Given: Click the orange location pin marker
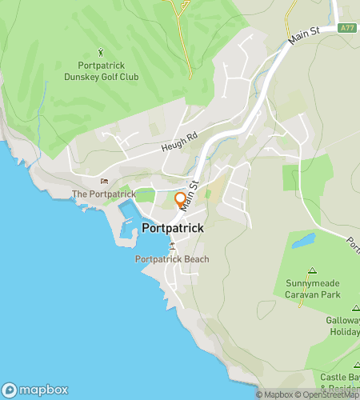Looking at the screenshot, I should pyautogui.click(x=181, y=200).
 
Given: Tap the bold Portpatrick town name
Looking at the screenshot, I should pyautogui.click(x=172, y=229).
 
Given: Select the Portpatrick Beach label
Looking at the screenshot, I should pyautogui.click(x=172, y=259).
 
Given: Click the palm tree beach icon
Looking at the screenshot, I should pyautogui.click(x=172, y=246).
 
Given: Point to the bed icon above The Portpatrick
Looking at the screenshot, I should pyautogui.click(x=103, y=181).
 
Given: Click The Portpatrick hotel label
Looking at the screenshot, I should pyautogui.click(x=102, y=194).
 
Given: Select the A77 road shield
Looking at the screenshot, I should pyautogui.click(x=346, y=29).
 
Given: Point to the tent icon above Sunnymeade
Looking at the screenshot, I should pyautogui.click(x=312, y=270).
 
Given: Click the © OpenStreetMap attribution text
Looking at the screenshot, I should pyautogui.click(x=327, y=394).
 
